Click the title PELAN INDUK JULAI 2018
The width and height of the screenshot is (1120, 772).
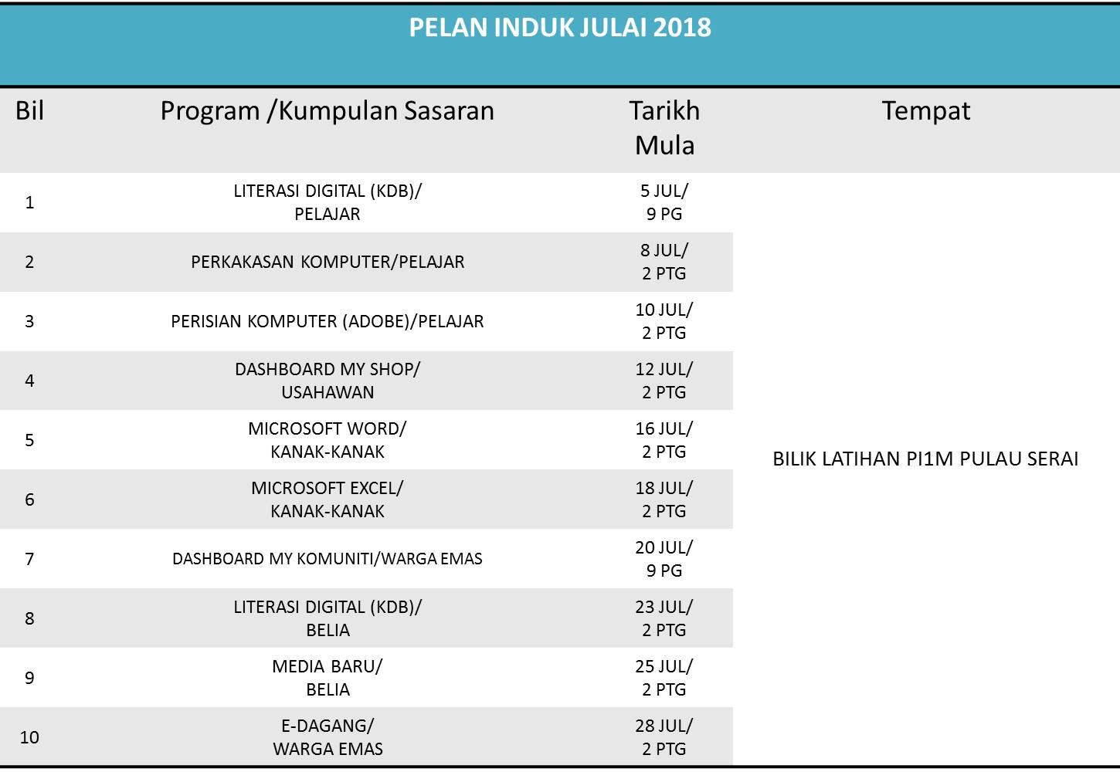pyautogui.click(x=559, y=28)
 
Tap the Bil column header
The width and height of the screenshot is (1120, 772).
pyautogui.click(x=29, y=111)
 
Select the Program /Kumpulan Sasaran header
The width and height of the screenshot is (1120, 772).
pyautogui.click(x=327, y=111)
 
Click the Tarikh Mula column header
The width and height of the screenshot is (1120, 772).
pyautogui.click(x=664, y=128)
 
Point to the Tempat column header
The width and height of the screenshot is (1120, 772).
pyautogui.click(x=925, y=111)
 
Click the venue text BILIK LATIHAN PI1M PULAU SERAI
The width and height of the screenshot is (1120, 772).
pyautogui.click(x=925, y=459)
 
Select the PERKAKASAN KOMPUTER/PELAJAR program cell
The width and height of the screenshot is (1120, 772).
pyautogui.click(x=328, y=262)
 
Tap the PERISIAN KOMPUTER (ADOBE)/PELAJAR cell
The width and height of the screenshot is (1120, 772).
pyautogui.click(x=328, y=321)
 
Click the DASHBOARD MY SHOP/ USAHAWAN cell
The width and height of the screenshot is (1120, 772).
pyautogui.click(x=328, y=381)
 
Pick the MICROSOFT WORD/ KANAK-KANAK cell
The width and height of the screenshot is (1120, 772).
pyautogui.click(x=328, y=440)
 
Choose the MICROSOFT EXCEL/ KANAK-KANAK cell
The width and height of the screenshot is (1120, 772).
pyautogui.click(x=328, y=499)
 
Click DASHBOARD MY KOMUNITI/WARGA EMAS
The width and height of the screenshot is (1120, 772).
pyautogui.click(x=328, y=559)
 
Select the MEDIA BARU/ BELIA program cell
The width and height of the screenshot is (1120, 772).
pyautogui.click(x=328, y=678)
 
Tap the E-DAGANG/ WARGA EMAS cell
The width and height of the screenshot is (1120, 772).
pyautogui.click(x=328, y=737)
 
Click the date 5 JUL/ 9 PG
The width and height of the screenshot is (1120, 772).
pyautogui.click(x=664, y=202)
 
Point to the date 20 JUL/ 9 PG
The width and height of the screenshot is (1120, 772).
pyautogui.click(x=664, y=559)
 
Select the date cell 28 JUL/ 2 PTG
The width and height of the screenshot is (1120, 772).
pyautogui.click(x=664, y=737)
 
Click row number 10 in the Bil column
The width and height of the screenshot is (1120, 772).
pyautogui.click(x=29, y=737)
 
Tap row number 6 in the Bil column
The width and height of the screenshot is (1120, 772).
pyautogui.click(x=29, y=499)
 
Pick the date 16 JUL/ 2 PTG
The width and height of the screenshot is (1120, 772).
pyautogui.click(x=664, y=440)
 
